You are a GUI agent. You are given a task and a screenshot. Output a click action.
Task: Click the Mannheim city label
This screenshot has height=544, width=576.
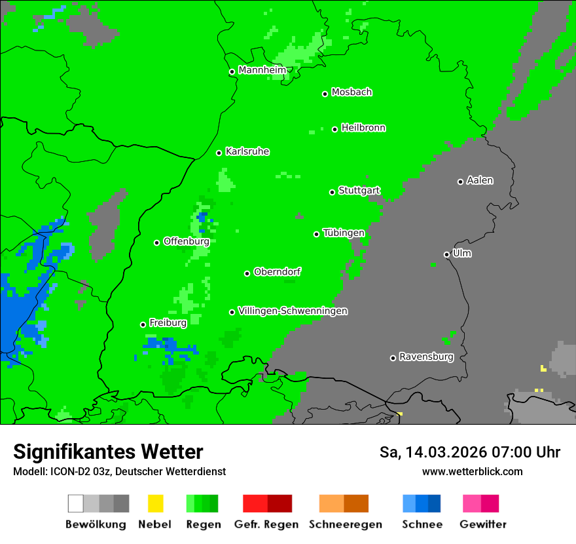[262, 70]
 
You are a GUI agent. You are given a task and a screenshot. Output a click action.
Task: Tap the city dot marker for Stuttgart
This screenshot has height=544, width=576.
[332, 192]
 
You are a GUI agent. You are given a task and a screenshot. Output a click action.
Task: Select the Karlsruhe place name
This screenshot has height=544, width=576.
[247, 151]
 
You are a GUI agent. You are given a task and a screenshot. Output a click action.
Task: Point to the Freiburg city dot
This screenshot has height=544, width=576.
[143, 324]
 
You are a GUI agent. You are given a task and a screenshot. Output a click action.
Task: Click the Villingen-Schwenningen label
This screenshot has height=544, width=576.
[293, 311]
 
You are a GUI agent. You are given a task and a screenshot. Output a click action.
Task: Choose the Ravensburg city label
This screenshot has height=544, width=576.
[426, 357]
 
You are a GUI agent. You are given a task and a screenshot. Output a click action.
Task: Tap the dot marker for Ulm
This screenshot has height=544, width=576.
[446, 254]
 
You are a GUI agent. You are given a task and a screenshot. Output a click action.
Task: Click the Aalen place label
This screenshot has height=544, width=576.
[480, 180]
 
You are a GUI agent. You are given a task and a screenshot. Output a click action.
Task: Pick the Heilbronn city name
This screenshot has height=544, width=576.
[363, 128]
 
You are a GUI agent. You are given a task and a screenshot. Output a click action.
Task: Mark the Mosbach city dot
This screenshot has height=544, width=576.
[325, 94]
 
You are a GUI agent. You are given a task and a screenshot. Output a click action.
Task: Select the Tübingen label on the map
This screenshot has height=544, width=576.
[344, 233]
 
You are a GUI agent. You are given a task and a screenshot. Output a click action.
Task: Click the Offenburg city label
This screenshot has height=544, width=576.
[186, 241]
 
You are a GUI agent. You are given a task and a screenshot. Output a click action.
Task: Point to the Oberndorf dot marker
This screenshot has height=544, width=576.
[247, 273]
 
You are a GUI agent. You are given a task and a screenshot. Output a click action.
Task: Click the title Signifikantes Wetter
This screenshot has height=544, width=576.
[108, 452]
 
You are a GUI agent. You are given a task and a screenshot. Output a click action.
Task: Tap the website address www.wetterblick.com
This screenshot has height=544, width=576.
[472, 471]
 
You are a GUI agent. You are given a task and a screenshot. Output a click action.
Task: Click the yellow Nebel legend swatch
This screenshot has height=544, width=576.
[155, 503]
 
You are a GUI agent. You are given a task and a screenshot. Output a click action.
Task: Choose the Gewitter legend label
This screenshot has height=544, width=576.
[483, 524]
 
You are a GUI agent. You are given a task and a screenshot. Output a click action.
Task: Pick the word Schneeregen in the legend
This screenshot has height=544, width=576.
[345, 524]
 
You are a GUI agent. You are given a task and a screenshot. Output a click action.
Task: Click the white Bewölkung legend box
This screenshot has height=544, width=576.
[76, 503]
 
